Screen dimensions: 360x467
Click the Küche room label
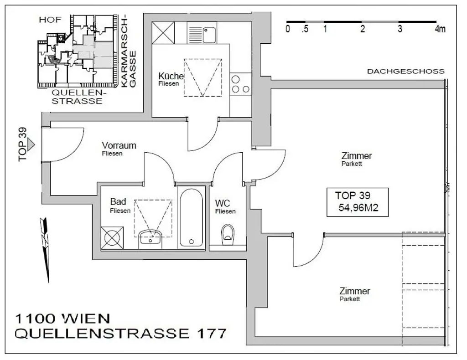point(171,76)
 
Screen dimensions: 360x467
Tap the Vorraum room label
point(119,146)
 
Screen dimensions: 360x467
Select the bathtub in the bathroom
point(192,217)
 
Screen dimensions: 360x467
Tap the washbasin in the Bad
point(150,238)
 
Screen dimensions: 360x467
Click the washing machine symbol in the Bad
point(112,237)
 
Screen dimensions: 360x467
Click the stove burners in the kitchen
point(240,84)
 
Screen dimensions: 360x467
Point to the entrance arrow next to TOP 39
point(31,144)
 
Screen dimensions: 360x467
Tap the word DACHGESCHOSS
point(405,72)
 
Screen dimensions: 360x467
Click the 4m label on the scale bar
point(440,30)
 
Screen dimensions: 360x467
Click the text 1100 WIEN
point(62,318)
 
